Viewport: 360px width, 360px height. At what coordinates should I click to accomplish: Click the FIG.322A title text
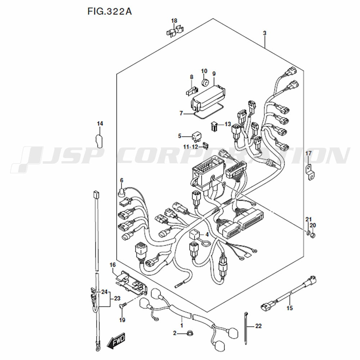[109, 11]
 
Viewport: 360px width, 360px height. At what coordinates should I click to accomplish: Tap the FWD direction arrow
[116, 340]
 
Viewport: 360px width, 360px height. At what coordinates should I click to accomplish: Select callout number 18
[174, 21]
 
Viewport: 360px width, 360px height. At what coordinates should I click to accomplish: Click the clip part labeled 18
[175, 31]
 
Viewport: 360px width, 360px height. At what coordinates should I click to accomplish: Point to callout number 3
[265, 33]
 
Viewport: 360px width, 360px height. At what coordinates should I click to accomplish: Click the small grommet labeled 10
[205, 82]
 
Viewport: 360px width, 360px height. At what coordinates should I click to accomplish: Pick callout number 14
[100, 124]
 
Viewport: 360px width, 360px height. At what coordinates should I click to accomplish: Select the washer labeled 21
[308, 233]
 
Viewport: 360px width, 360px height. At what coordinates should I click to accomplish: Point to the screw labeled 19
[123, 305]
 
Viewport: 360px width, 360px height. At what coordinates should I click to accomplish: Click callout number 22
[258, 326]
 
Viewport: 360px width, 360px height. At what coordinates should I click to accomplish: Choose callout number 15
[290, 308]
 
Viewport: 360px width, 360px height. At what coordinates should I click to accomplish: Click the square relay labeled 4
[194, 234]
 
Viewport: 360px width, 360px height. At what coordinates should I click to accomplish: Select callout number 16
[112, 265]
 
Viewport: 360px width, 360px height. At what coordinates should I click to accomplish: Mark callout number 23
[117, 298]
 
